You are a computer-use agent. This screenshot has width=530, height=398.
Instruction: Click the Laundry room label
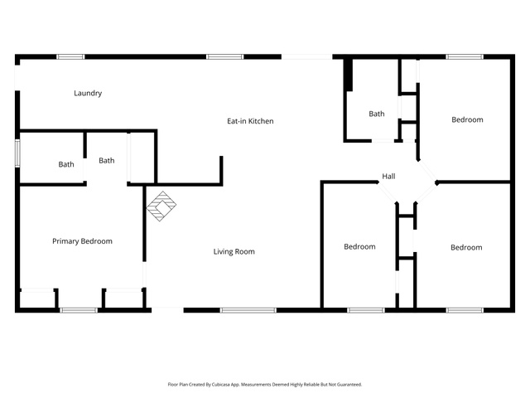[x=88, y=93]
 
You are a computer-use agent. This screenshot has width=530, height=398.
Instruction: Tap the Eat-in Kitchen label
[x=250, y=121]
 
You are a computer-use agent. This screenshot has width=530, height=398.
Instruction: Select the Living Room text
[x=234, y=251]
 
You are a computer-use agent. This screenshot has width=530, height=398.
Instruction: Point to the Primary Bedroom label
[x=82, y=241]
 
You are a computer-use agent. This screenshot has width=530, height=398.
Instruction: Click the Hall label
[x=388, y=176]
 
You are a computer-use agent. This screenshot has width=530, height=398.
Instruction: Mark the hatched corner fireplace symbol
[x=161, y=206]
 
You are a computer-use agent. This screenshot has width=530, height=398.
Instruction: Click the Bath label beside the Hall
[x=377, y=114]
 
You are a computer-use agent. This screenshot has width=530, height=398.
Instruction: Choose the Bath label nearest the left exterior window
[x=66, y=164]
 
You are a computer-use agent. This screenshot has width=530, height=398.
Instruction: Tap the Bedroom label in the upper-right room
[x=467, y=119]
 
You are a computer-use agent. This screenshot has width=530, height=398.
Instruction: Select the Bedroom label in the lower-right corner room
[x=466, y=247]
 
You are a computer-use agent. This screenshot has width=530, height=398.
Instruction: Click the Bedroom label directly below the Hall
[x=359, y=246]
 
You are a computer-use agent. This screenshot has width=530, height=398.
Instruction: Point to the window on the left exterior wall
[x=17, y=153]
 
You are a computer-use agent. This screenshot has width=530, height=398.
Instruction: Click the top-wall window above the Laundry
[x=70, y=56]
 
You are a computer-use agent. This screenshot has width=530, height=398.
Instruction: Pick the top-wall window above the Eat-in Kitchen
[x=225, y=56]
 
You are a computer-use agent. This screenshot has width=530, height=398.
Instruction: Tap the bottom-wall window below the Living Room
[x=248, y=310]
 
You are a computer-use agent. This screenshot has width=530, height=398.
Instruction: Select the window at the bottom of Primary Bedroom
[x=79, y=310]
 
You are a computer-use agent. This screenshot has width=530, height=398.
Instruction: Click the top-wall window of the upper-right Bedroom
[x=465, y=56]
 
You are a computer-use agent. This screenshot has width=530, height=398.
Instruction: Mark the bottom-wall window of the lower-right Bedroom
[x=465, y=310]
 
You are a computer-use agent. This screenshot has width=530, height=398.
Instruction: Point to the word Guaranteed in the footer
[x=351, y=385]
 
